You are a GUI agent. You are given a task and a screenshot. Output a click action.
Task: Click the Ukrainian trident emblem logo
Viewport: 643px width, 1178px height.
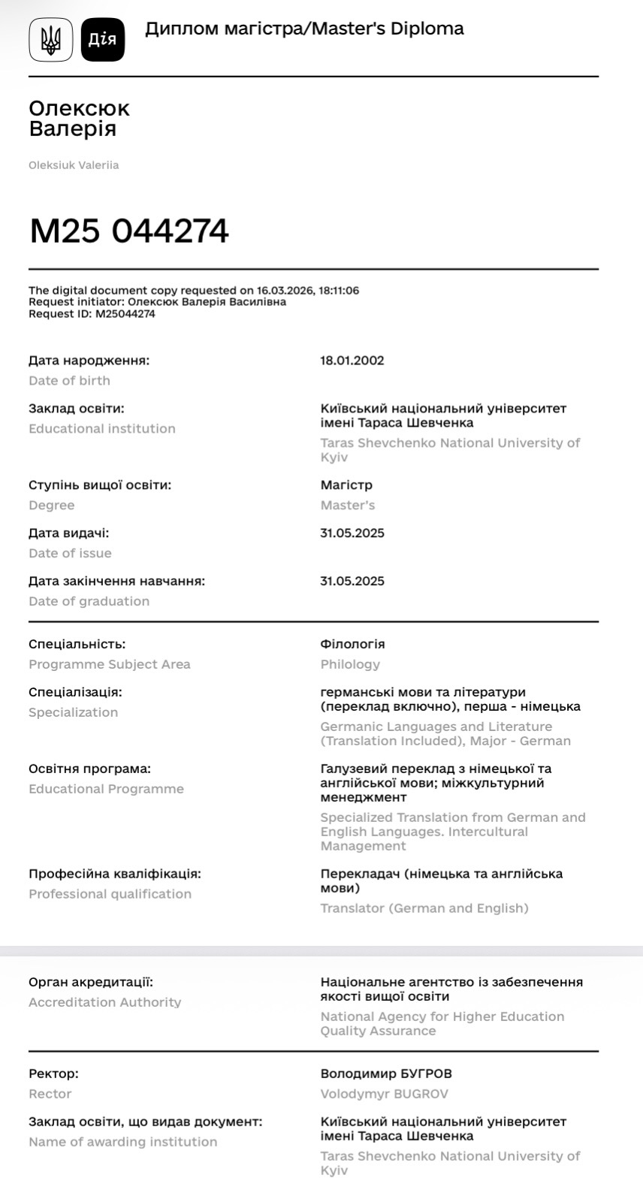point(51,39)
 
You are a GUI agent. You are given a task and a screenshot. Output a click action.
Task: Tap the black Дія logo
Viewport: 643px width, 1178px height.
point(103,39)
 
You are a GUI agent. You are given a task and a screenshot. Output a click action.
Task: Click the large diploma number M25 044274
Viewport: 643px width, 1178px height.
point(129,231)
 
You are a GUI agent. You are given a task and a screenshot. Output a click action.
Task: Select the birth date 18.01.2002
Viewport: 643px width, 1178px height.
point(352,361)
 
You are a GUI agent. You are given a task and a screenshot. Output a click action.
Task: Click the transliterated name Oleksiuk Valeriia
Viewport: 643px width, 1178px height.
point(74,165)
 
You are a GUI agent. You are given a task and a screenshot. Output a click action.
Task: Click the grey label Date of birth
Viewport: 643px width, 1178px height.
point(69,381)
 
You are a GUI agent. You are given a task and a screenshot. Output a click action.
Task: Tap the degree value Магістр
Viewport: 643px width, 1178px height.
point(346,485)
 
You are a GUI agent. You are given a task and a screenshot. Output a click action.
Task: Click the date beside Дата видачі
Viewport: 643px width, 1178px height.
point(352,533)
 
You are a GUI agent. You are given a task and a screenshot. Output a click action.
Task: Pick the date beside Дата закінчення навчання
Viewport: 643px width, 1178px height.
point(352,581)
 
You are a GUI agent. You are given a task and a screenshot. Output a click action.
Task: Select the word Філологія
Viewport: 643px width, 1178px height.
point(352,645)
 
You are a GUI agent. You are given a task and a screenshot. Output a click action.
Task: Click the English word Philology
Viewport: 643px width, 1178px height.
point(350,665)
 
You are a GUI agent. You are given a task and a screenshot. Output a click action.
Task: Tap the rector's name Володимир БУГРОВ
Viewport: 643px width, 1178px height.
point(386,1074)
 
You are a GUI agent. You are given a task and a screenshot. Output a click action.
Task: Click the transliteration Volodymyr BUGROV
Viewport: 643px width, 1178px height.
point(384,1095)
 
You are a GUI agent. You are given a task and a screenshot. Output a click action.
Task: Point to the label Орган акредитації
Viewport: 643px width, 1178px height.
point(91,983)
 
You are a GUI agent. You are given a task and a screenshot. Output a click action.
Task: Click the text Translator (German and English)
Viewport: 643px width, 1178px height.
point(424,909)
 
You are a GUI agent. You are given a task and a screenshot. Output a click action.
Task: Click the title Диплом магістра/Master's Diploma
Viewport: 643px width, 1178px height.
point(304,29)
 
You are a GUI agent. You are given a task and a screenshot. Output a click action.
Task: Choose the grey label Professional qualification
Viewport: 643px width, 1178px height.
point(110,894)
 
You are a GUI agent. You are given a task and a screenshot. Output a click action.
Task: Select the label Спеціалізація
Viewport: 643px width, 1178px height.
point(75,693)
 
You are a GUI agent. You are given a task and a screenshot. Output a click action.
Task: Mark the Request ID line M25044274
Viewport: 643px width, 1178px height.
point(92,315)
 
